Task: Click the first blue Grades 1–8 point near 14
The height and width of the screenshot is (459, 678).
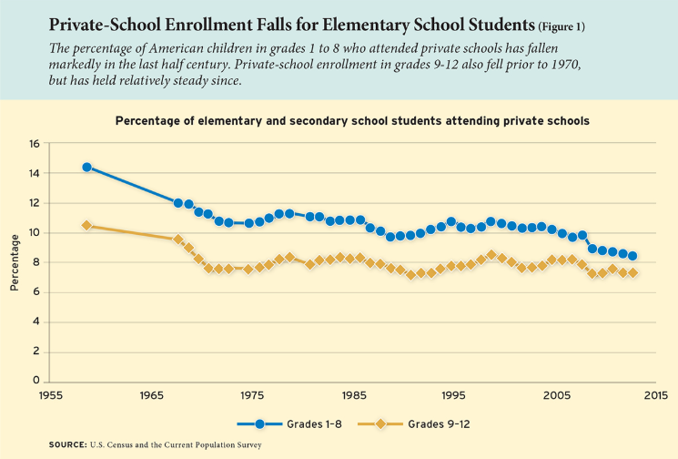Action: click(x=87, y=167)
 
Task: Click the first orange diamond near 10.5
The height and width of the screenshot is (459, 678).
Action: click(x=87, y=225)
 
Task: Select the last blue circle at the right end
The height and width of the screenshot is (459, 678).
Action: click(x=632, y=256)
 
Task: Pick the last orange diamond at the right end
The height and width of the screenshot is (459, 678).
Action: click(x=632, y=273)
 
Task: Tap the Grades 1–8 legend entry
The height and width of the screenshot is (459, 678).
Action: click(x=289, y=424)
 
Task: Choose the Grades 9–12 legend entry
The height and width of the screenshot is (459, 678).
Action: click(x=414, y=424)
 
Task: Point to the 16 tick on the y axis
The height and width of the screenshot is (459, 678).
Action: click(x=35, y=143)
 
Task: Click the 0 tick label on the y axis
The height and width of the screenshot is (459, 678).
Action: click(x=36, y=381)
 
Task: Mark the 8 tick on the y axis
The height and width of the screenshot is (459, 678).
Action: click(x=36, y=262)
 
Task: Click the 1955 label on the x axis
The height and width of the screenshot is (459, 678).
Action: click(x=51, y=395)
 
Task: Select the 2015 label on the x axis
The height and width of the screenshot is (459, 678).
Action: click(x=656, y=395)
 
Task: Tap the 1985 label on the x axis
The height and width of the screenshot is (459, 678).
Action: click(x=355, y=395)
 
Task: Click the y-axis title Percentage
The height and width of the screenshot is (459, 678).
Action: click(x=15, y=262)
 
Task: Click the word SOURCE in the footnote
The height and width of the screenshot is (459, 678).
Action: click(x=68, y=444)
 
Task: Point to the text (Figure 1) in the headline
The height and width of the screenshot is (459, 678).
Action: click(x=562, y=26)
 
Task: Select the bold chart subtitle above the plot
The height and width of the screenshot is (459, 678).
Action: click(x=352, y=121)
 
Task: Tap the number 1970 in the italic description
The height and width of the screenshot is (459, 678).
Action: click(x=565, y=65)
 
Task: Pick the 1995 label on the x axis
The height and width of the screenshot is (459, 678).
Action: click(x=453, y=395)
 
